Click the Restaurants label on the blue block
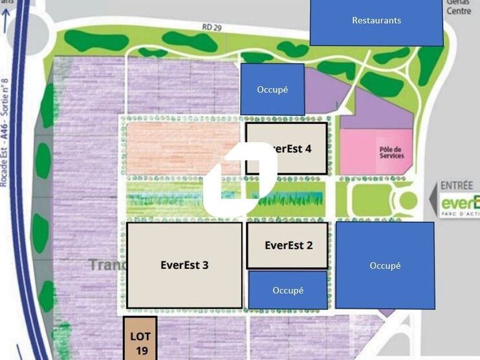point(376,20)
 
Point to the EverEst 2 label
point(289,245)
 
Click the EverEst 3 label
point(184,264)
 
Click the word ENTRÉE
point(457,185)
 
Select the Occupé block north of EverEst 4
point(272,89)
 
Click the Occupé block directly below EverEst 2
point(288,290)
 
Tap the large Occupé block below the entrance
point(385,265)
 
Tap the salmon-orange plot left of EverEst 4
point(182,148)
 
